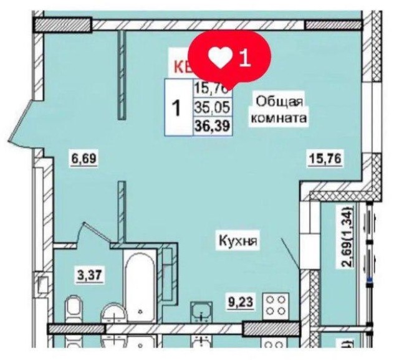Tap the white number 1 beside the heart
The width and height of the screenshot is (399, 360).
244,58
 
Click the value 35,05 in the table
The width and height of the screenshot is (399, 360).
211,108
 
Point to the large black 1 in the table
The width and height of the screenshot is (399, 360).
176,108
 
